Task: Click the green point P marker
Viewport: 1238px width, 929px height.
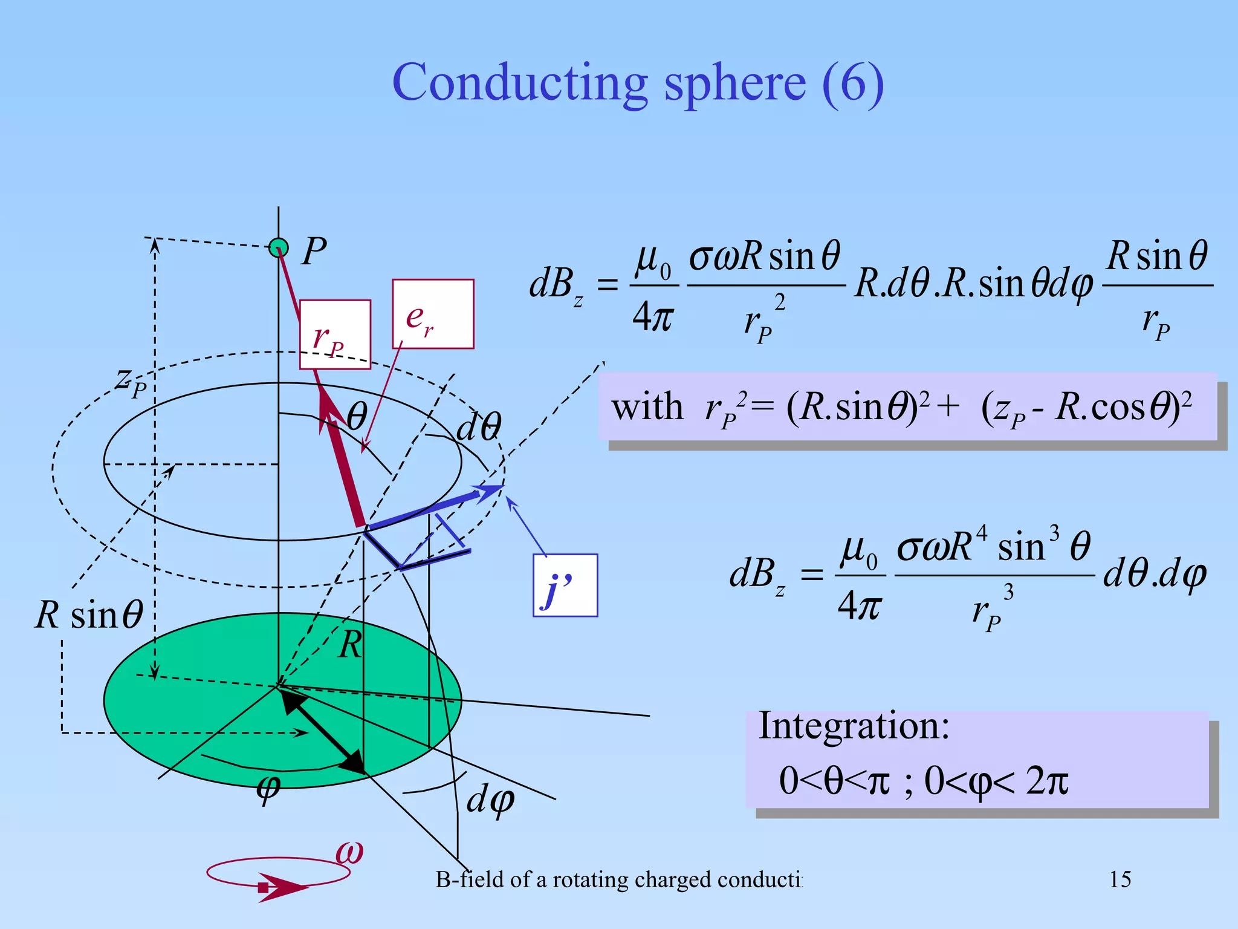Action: pos(279,247)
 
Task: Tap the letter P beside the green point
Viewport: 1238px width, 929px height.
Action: pos(314,251)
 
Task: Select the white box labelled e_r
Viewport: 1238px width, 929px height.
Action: pos(433,314)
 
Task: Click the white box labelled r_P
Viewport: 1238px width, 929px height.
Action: pos(335,334)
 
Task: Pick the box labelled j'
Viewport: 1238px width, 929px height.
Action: pos(565,585)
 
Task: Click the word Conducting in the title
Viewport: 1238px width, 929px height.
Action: pos(520,83)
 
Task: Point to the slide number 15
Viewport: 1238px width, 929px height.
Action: pos(1120,879)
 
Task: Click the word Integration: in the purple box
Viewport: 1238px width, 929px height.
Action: pos(854,726)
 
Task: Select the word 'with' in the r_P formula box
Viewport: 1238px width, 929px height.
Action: pos(647,406)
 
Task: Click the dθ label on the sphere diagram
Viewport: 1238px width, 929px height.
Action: pos(478,427)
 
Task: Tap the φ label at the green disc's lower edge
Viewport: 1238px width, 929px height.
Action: pos(268,789)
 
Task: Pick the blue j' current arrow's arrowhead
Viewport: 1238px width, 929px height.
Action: pos(488,491)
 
